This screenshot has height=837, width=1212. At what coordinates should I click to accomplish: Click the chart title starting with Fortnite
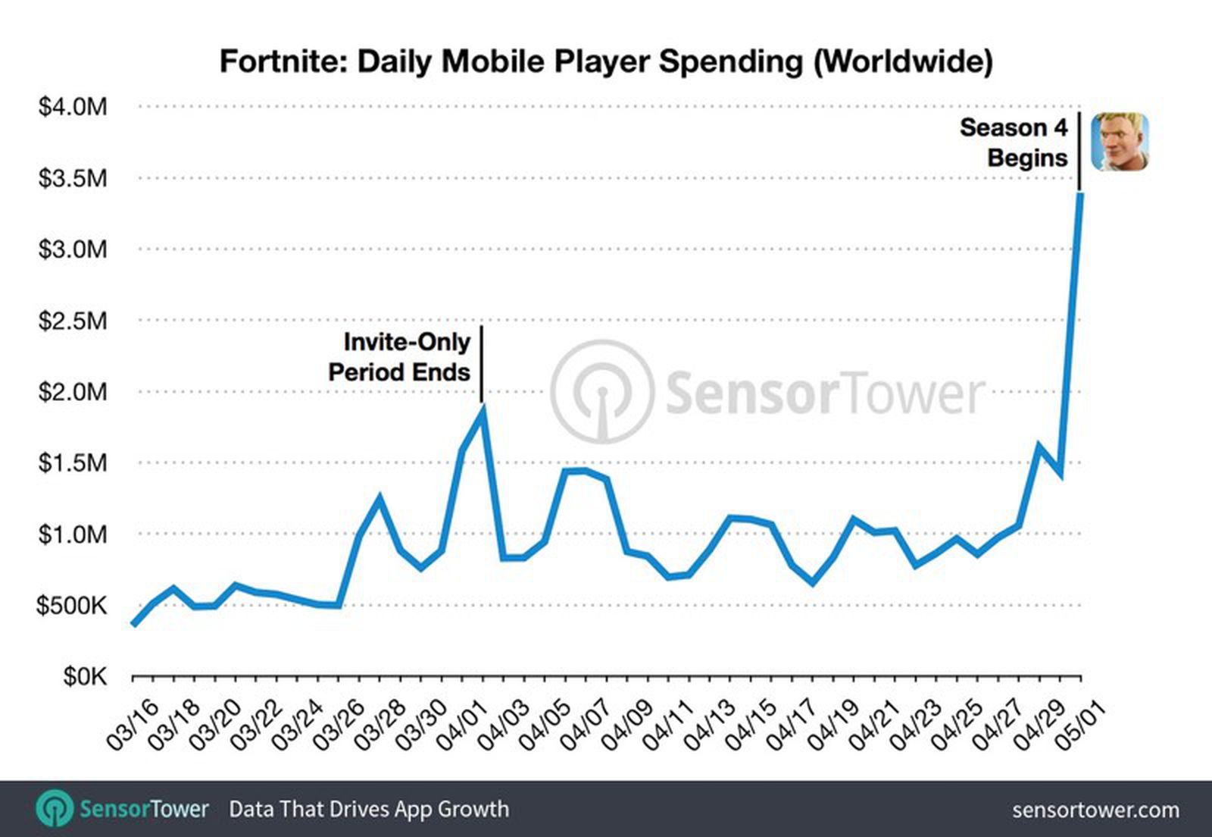point(605,61)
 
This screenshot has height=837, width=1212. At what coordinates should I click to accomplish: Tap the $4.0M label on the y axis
point(73,106)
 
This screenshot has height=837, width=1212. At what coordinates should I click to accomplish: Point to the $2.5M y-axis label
point(73,320)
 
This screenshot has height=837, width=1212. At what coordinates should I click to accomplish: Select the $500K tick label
point(71,605)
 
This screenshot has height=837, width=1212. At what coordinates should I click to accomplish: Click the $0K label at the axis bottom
point(85,676)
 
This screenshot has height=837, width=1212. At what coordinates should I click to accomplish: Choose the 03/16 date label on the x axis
point(133,726)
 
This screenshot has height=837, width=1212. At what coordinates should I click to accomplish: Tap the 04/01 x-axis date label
point(463,726)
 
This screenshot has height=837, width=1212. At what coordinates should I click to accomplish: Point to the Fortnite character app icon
point(1120,142)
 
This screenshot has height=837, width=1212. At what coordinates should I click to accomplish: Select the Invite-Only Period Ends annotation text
point(400,357)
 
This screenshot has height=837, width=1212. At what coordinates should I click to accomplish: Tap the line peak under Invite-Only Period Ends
point(482,410)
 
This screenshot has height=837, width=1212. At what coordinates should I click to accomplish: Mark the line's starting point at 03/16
point(133,624)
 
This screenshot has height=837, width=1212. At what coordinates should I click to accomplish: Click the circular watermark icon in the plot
point(602,391)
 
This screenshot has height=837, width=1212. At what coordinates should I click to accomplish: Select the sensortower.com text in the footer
point(1095,810)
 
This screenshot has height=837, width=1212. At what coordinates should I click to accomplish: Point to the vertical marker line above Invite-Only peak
point(481,364)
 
